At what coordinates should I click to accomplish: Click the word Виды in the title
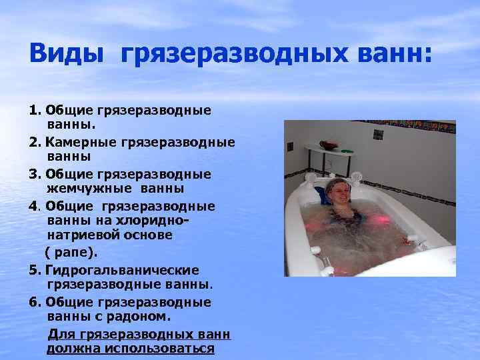(66, 52)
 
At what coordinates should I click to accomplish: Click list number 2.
(35, 142)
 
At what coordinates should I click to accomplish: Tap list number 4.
(35, 205)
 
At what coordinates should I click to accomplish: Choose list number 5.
(35, 269)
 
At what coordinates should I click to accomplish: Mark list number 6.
(35, 301)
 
